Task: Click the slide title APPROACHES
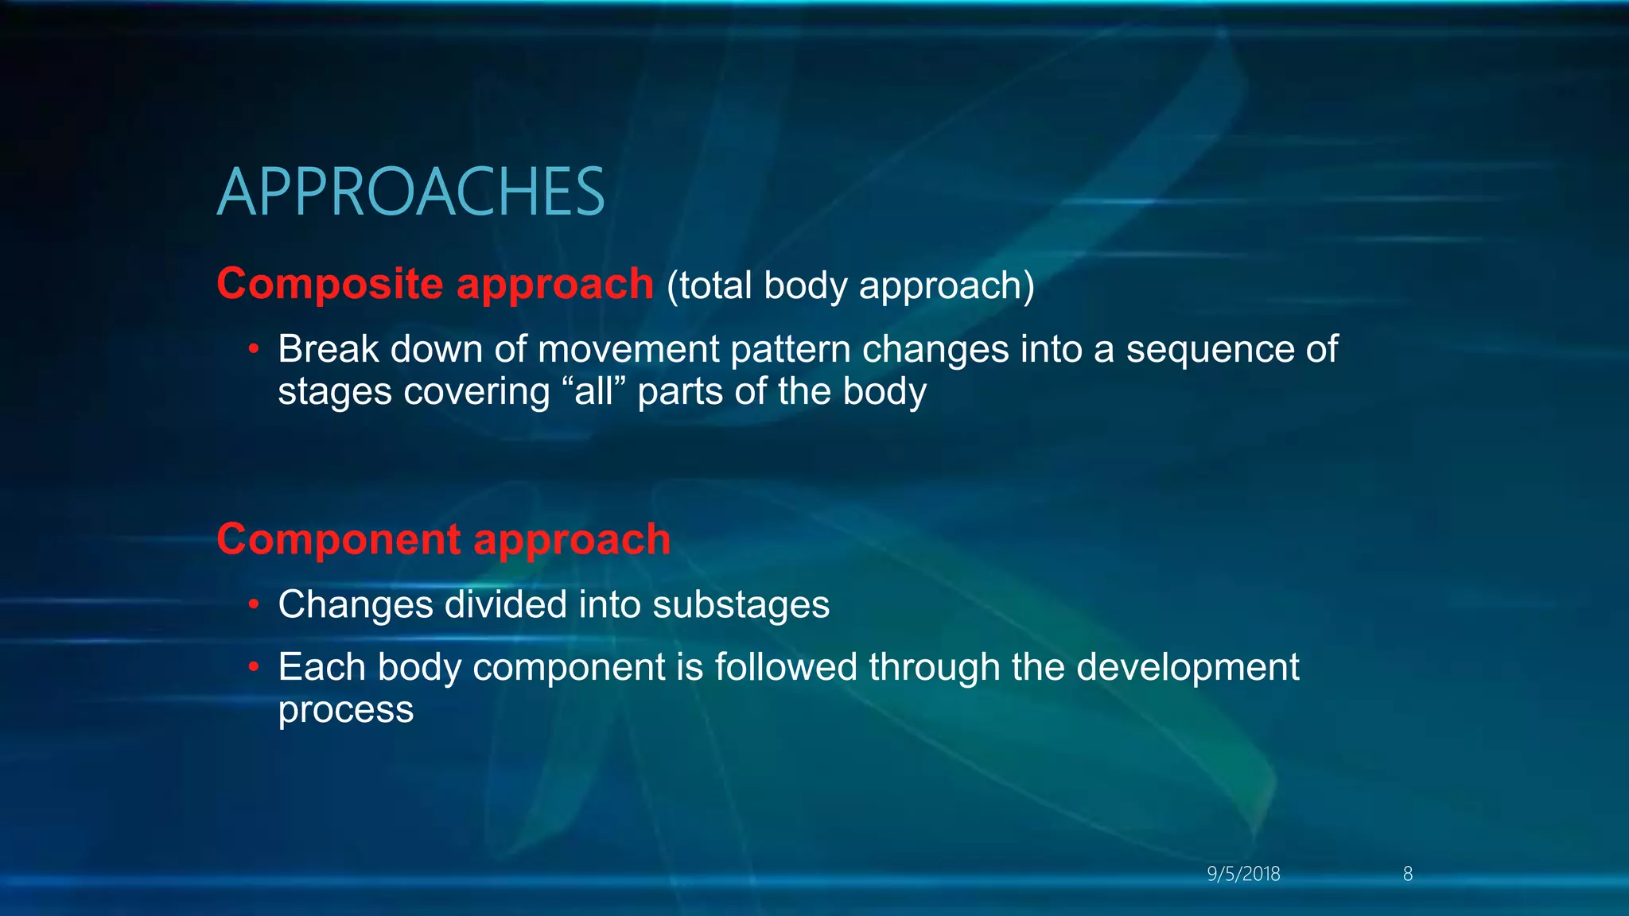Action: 410,192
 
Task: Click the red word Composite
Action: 330,284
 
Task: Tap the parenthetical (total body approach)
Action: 850,285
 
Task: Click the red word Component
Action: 338,539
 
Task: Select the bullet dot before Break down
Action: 254,349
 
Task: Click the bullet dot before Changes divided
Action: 254,604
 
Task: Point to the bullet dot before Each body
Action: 254,667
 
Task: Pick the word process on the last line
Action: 345,710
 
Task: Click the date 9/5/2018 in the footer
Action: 1243,874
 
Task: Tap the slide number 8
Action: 1407,874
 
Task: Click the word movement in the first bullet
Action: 628,350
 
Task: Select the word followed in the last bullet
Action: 785,667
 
